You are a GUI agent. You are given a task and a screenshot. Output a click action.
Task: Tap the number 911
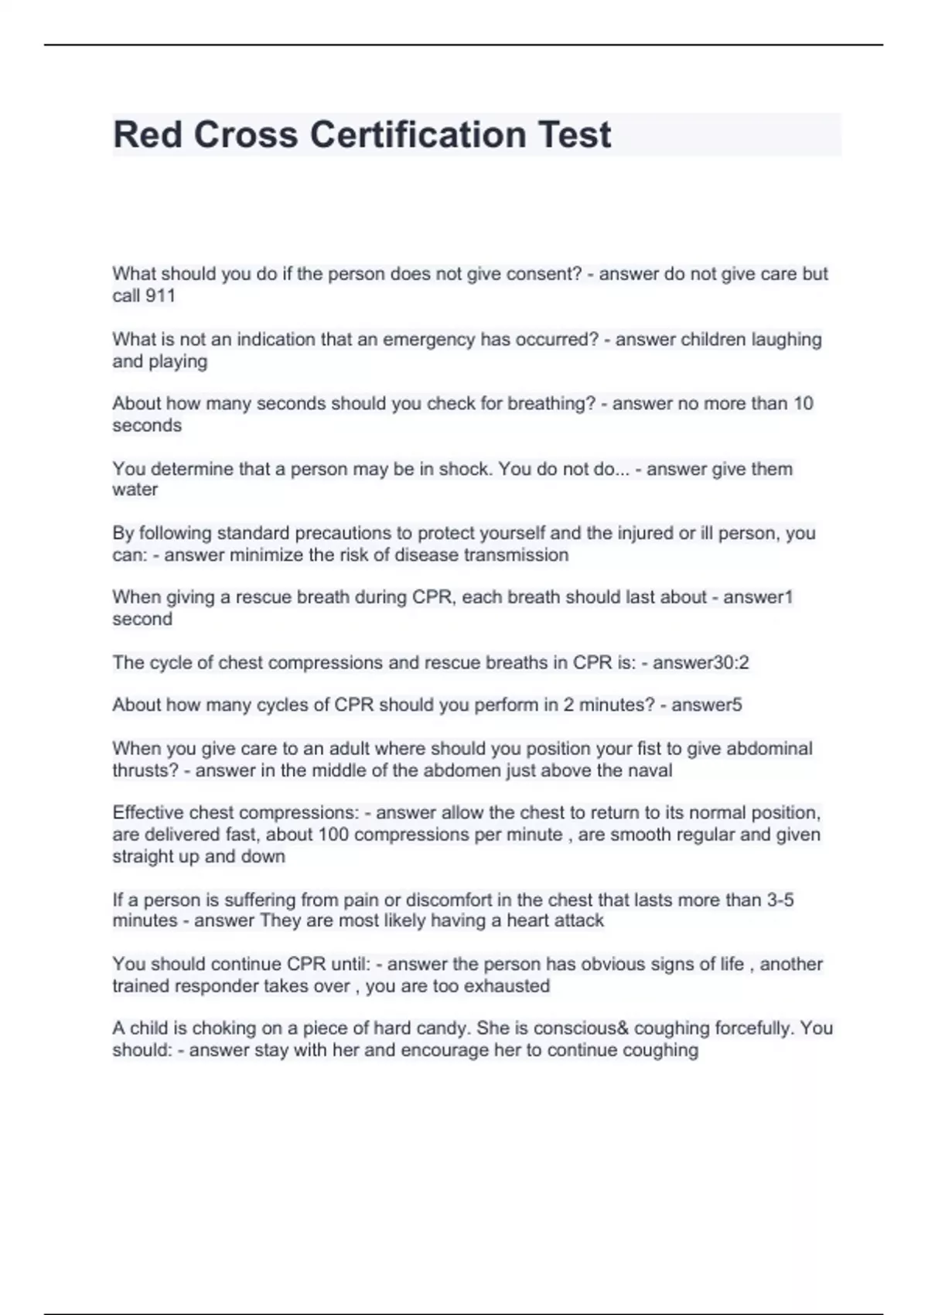160,295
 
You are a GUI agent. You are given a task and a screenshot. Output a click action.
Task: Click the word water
135,490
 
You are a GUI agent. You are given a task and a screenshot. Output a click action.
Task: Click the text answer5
707,705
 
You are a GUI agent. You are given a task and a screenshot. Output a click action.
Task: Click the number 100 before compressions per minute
333,835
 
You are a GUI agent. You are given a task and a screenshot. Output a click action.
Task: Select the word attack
579,920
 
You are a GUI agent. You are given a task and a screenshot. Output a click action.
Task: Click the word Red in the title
148,135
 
